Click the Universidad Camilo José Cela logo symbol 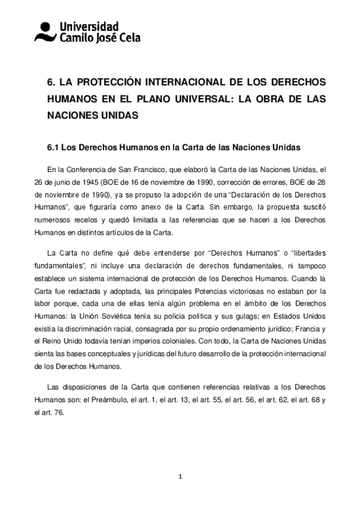point(46,32)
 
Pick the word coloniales point(156,334)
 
